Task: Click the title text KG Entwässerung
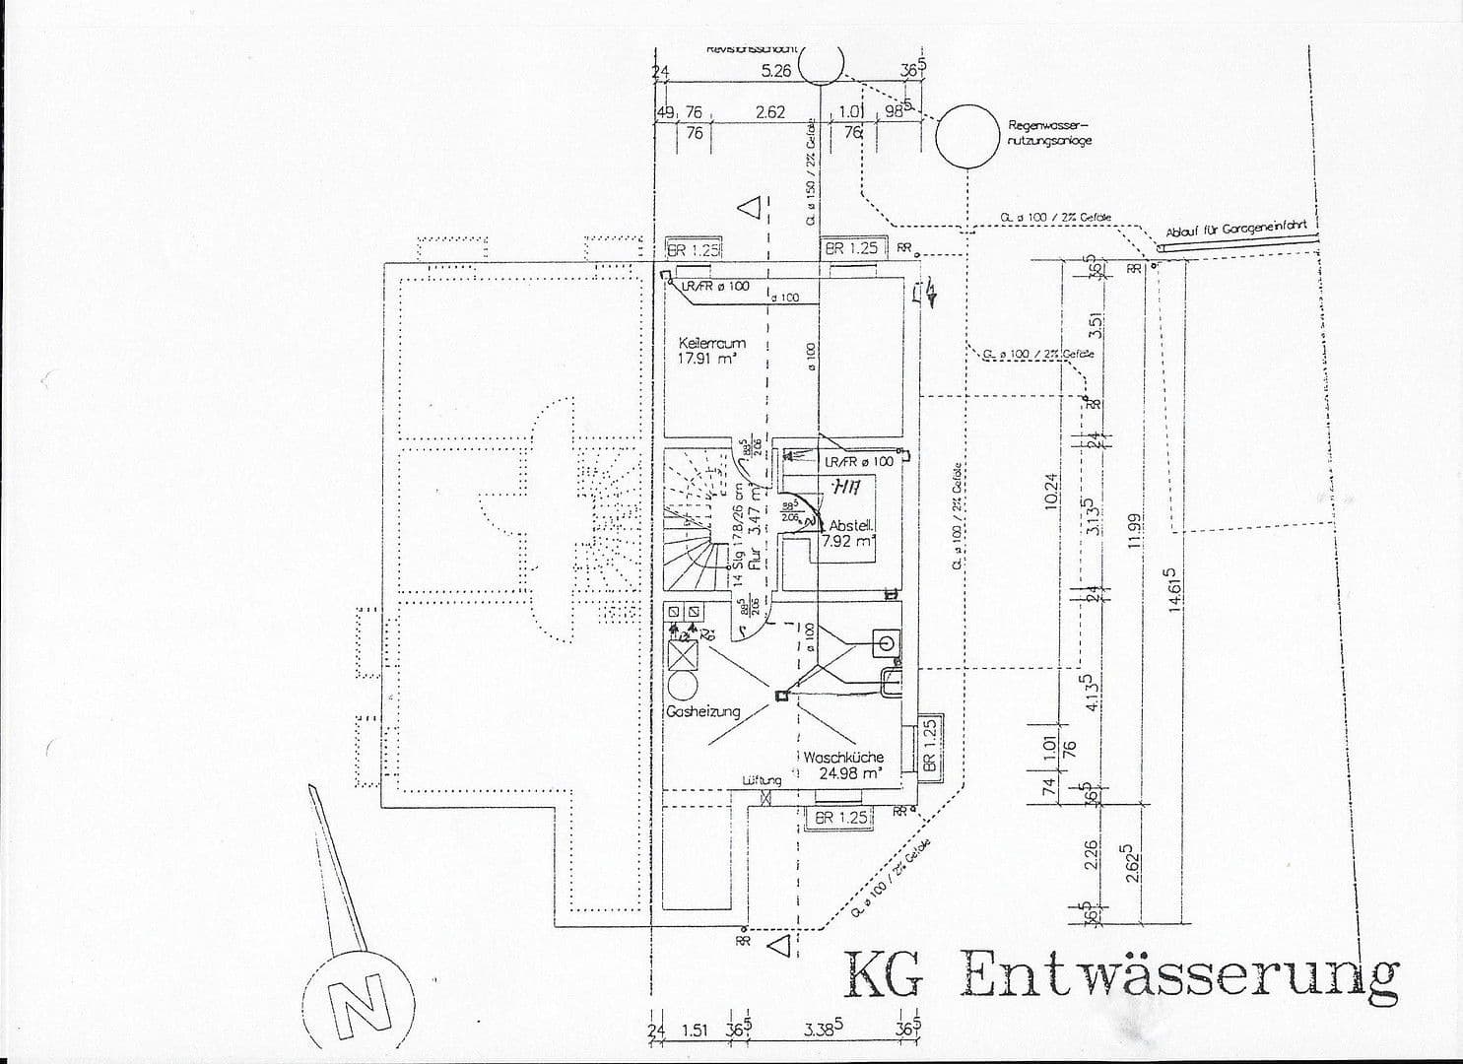tap(1120, 974)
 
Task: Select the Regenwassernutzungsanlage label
tap(1049, 133)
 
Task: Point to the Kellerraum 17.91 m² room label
tap(711, 352)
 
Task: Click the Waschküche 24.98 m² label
tap(843, 765)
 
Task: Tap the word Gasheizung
tap(702, 711)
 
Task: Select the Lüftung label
tap(762, 780)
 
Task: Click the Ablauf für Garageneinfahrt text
tap(1236, 230)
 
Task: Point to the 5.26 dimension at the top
tap(776, 70)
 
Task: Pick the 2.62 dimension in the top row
tap(769, 112)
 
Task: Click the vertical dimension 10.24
tap(1050, 490)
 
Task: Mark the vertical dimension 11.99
tap(1134, 531)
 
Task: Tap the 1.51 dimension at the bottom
tap(695, 1031)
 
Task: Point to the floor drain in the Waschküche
tap(780, 697)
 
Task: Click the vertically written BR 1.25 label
tap(929, 745)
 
